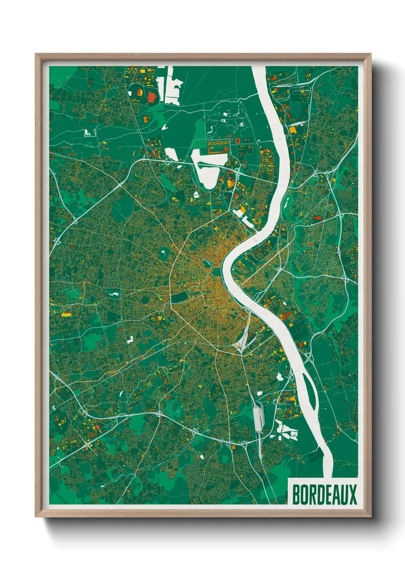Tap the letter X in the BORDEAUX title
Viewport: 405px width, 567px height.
point(353,495)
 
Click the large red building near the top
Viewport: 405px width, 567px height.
point(152,97)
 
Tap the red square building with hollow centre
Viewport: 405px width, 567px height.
point(237,141)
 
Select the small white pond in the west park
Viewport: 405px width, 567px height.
point(114,294)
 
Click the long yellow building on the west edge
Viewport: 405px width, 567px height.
point(66,314)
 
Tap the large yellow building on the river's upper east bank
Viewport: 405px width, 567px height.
point(293,130)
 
